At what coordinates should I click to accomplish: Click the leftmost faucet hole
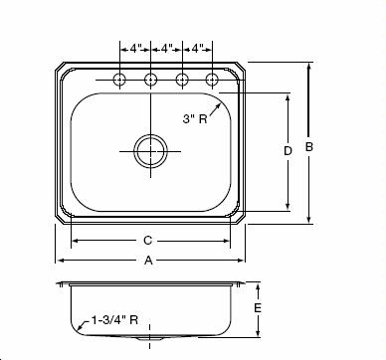point(119,80)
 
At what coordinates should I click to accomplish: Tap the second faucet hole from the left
point(151,80)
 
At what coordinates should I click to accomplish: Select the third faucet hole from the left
point(182,80)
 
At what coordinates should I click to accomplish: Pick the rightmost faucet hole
point(212,80)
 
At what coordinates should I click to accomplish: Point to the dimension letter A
point(148,261)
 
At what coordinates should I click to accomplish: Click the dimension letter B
point(309,147)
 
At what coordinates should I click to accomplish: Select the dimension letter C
point(148,241)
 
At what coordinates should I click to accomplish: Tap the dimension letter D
point(288,151)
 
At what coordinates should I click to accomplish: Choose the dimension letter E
point(258,308)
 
